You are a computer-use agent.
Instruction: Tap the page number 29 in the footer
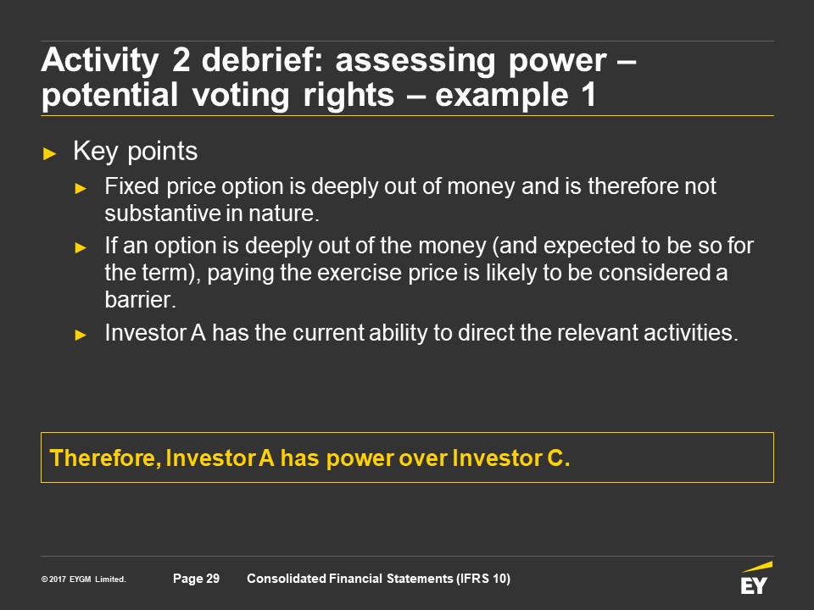click(x=213, y=579)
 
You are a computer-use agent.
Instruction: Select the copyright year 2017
click(x=58, y=579)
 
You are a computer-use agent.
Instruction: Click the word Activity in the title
click(x=100, y=61)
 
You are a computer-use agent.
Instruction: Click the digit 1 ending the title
click(x=588, y=95)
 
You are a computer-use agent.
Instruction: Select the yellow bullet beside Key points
click(x=50, y=153)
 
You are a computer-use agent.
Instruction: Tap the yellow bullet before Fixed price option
click(x=81, y=188)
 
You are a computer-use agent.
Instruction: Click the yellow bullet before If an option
click(x=81, y=247)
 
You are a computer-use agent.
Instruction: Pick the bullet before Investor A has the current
click(x=81, y=335)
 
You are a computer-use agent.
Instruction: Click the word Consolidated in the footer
click(x=287, y=579)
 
